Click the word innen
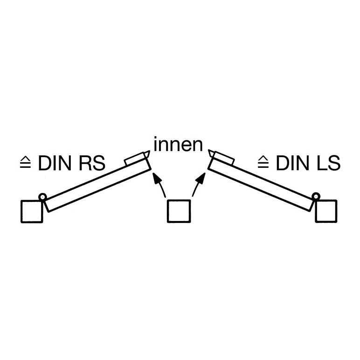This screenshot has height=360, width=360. point(178,145)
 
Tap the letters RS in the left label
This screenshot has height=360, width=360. point(92,163)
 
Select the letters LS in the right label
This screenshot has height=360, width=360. point(328,163)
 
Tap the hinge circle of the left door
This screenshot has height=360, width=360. point(42,197)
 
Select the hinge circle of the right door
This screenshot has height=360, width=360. point(316,196)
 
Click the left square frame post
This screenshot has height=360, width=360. point(32,211)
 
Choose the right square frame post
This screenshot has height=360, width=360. point(326,211)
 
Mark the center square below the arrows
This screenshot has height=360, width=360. point(179,211)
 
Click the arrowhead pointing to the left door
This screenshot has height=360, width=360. point(156,178)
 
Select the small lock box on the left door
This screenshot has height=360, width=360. point(135,159)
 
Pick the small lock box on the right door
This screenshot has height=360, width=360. point(223,158)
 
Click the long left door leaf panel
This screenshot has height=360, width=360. point(97,184)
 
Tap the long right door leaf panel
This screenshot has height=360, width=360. point(261,184)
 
